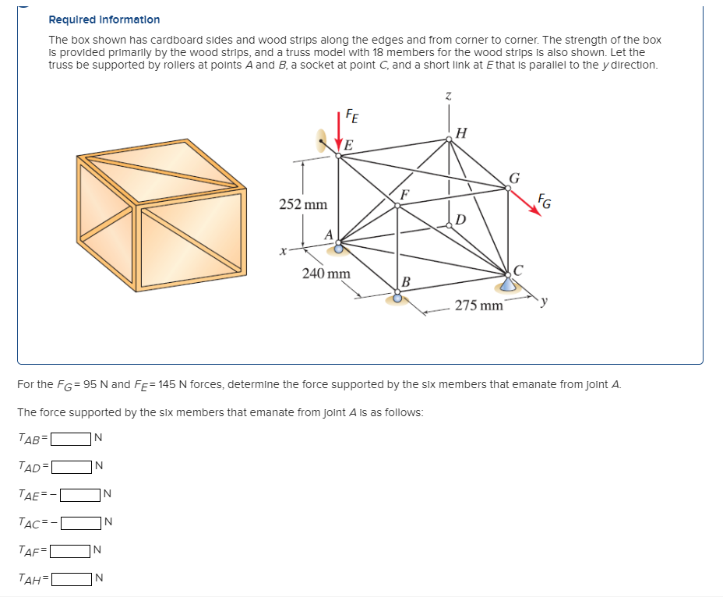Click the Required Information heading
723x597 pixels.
[x=104, y=19]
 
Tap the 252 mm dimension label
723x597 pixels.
[x=303, y=204]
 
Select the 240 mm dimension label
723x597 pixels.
[x=326, y=274]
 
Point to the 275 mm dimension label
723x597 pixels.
[x=478, y=305]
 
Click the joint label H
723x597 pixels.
[x=461, y=132]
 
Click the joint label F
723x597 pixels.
[x=404, y=193]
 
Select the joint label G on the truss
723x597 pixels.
[x=514, y=176]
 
